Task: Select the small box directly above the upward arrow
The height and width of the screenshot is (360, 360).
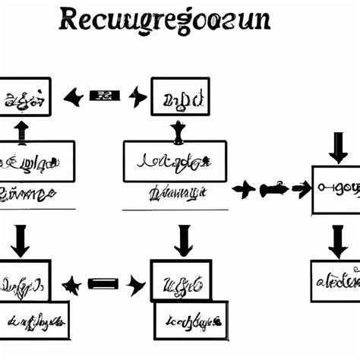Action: point(24,96)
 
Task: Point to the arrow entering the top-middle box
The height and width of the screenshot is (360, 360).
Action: point(137,96)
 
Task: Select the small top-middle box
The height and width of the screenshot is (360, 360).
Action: point(179,96)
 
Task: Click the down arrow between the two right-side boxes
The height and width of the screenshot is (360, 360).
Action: point(337,241)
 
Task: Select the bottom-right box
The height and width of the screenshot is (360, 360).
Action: point(336,281)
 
